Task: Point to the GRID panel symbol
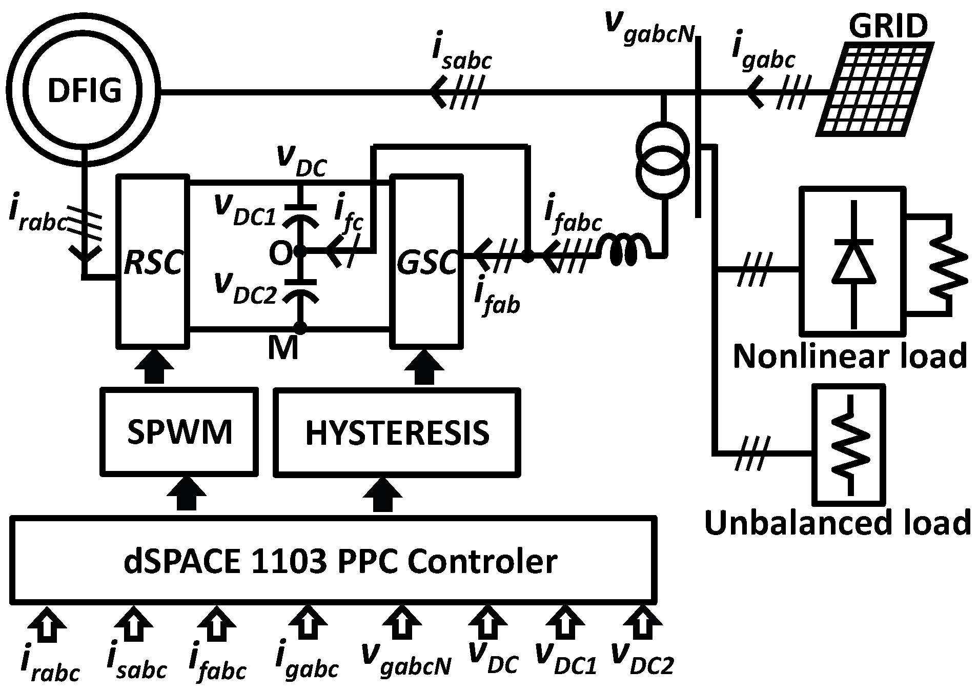pos(874,89)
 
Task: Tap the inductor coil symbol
pos(625,250)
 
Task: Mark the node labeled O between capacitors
pos(300,252)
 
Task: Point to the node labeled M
pos(300,328)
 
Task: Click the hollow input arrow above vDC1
pos(564,623)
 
